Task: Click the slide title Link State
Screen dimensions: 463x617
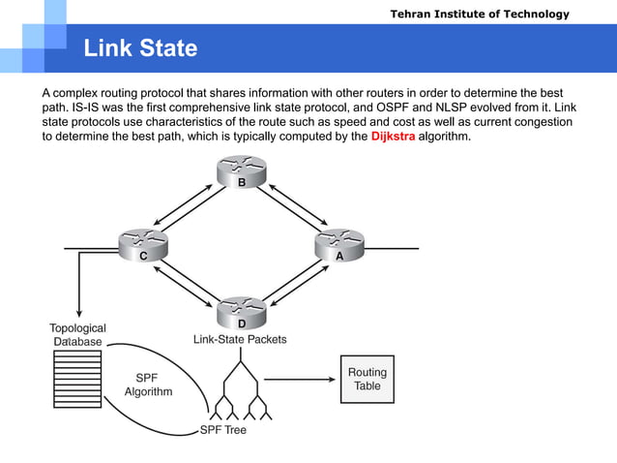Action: click(140, 48)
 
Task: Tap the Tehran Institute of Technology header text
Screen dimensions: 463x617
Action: click(480, 14)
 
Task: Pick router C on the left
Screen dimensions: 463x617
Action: click(142, 248)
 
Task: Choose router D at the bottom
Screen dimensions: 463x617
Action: click(242, 315)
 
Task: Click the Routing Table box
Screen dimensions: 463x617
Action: click(367, 379)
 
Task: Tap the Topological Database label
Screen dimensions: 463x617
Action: click(77, 334)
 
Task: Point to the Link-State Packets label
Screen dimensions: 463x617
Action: click(240, 340)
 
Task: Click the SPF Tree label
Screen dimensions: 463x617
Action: click(222, 429)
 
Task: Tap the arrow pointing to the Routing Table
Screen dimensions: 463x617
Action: click(300, 379)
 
